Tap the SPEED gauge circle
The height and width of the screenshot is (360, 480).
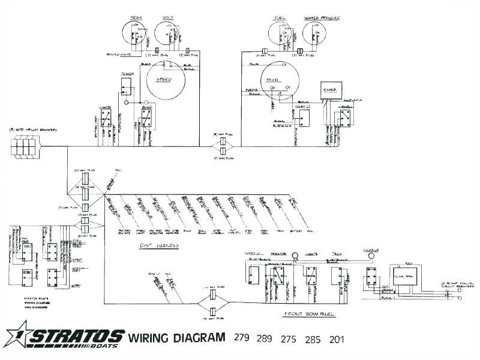tap(164, 80)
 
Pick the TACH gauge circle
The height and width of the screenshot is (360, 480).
tap(280, 82)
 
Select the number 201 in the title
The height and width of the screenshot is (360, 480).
tap(337, 338)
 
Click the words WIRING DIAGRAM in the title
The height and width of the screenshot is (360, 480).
tap(178, 338)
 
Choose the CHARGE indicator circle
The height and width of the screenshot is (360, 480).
tap(371, 255)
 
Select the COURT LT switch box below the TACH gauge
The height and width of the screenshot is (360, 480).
tap(304, 118)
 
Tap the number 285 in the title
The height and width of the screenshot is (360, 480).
tap(313, 338)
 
